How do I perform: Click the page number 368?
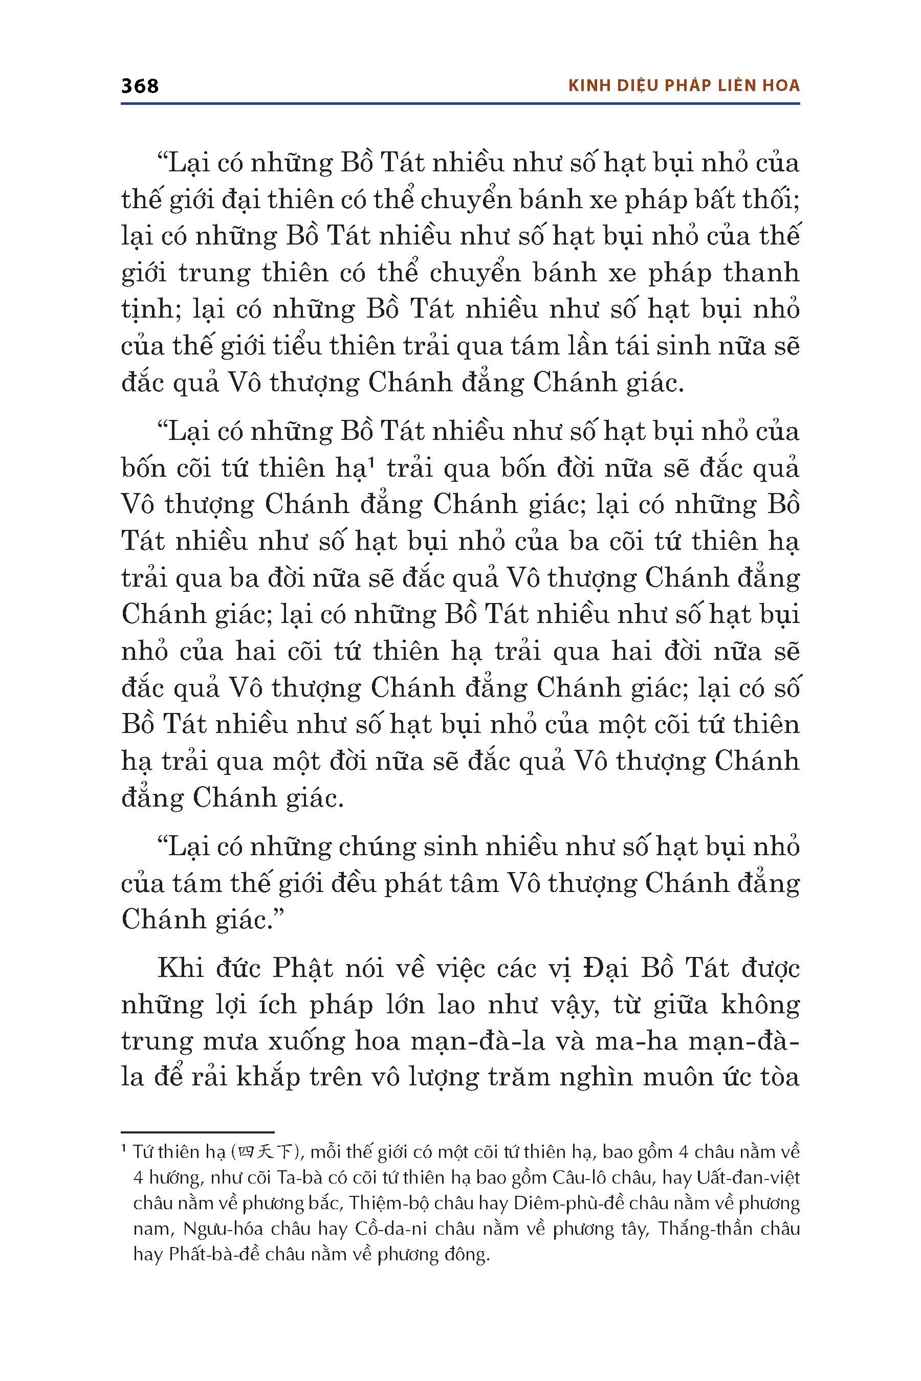139,86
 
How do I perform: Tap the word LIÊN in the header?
737,86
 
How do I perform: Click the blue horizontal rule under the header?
460,104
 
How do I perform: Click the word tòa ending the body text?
777,1078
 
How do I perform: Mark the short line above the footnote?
198,1132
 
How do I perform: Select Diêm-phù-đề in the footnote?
568,1204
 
